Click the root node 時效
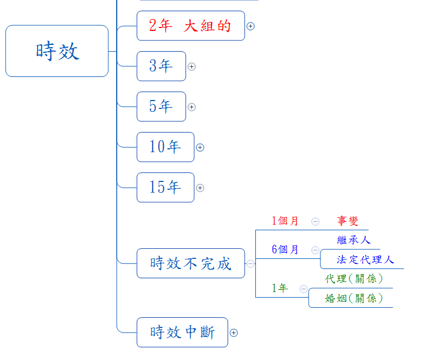pyautogui.click(x=57, y=51)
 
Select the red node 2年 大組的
pyautogui.click(x=190, y=26)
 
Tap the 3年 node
pyautogui.click(x=161, y=66)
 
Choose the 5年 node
pyautogui.click(x=161, y=107)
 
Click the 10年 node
pyautogui.click(x=165, y=147)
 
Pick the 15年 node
pyautogui.click(x=165, y=188)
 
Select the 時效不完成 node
pyautogui.click(x=190, y=263)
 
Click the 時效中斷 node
pyautogui.click(x=182, y=332)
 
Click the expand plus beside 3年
pyautogui.click(x=192, y=66)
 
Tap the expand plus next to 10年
pyautogui.click(x=200, y=147)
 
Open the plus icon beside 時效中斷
pyautogui.click(x=234, y=332)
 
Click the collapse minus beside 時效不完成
pyautogui.click(x=250, y=263)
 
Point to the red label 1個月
pyautogui.click(x=285, y=221)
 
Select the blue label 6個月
pyautogui.click(x=285, y=250)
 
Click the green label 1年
pyautogui.click(x=279, y=289)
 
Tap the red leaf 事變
pyautogui.click(x=347, y=221)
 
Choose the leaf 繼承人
pyautogui.click(x=354, y=240)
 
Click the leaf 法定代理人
pyautogui.click(x=365, y=259)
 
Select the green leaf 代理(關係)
pyautogui.click(x=354, y=279)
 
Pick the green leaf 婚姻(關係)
pyautogui.click(x=354, y=298)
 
